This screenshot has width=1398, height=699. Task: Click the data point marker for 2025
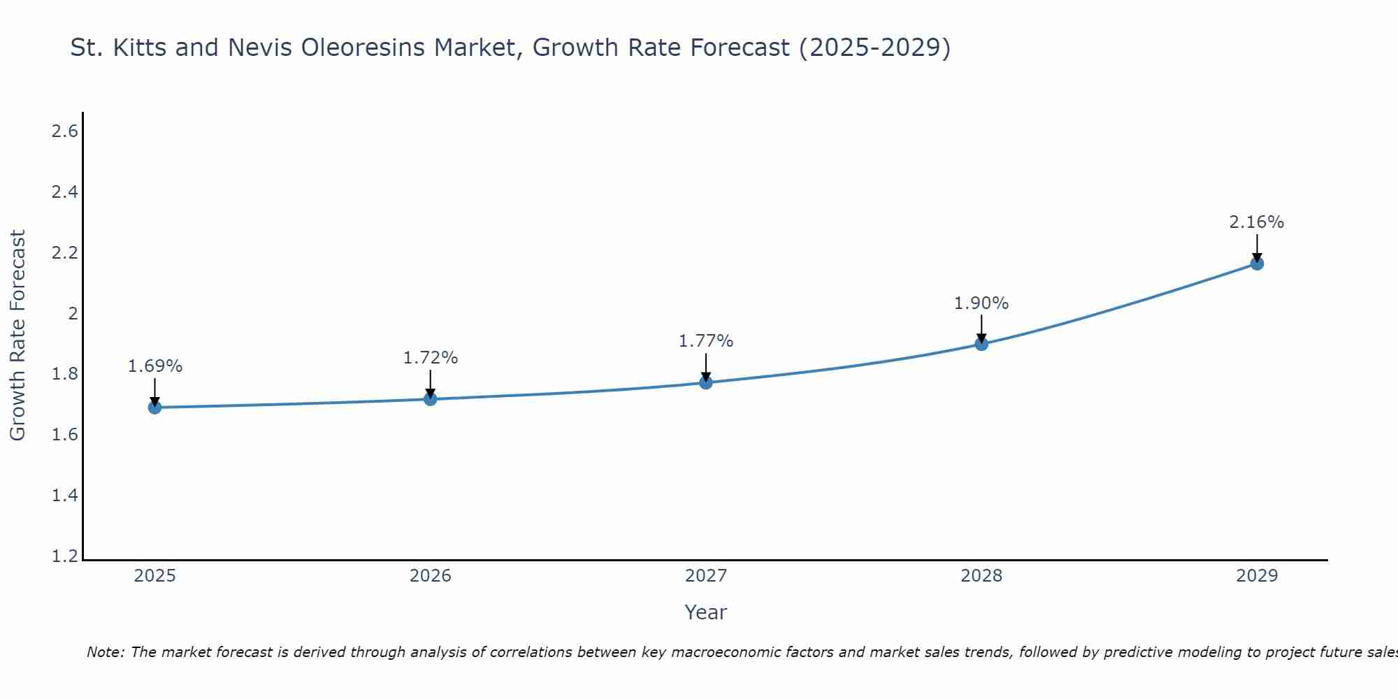[x=154, y=408]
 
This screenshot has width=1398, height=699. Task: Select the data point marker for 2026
[x=431, y=399]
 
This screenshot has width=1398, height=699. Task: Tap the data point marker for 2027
[x=706, y=382]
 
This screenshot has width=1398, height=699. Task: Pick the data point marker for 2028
[x=981, y=344]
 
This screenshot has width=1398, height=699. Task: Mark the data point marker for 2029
[x=1257, y=264]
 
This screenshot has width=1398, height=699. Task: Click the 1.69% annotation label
[x=155, y=366]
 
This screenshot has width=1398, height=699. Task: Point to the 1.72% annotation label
[x=431, y=358]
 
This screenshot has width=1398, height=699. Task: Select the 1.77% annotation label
[x=706, y=341]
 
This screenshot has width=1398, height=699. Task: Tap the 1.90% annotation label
[x=981, y=303]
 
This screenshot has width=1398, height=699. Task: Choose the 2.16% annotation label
[x=1257, y=222]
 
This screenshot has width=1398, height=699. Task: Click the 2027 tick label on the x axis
[x=706, y=576]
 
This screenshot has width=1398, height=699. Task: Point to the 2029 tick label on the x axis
[x=1257, y=576]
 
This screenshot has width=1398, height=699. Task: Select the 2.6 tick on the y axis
[x=65, y=131]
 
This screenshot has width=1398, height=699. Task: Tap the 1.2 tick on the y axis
[x=65, y=556]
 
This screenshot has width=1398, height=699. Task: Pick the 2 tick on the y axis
[x=72, y=314]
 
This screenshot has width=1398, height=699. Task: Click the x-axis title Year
[x=706, y=612]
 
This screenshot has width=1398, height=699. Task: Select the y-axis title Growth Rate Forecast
[x=17, y=336]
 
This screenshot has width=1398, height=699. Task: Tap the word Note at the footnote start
[x=105, y=652]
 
